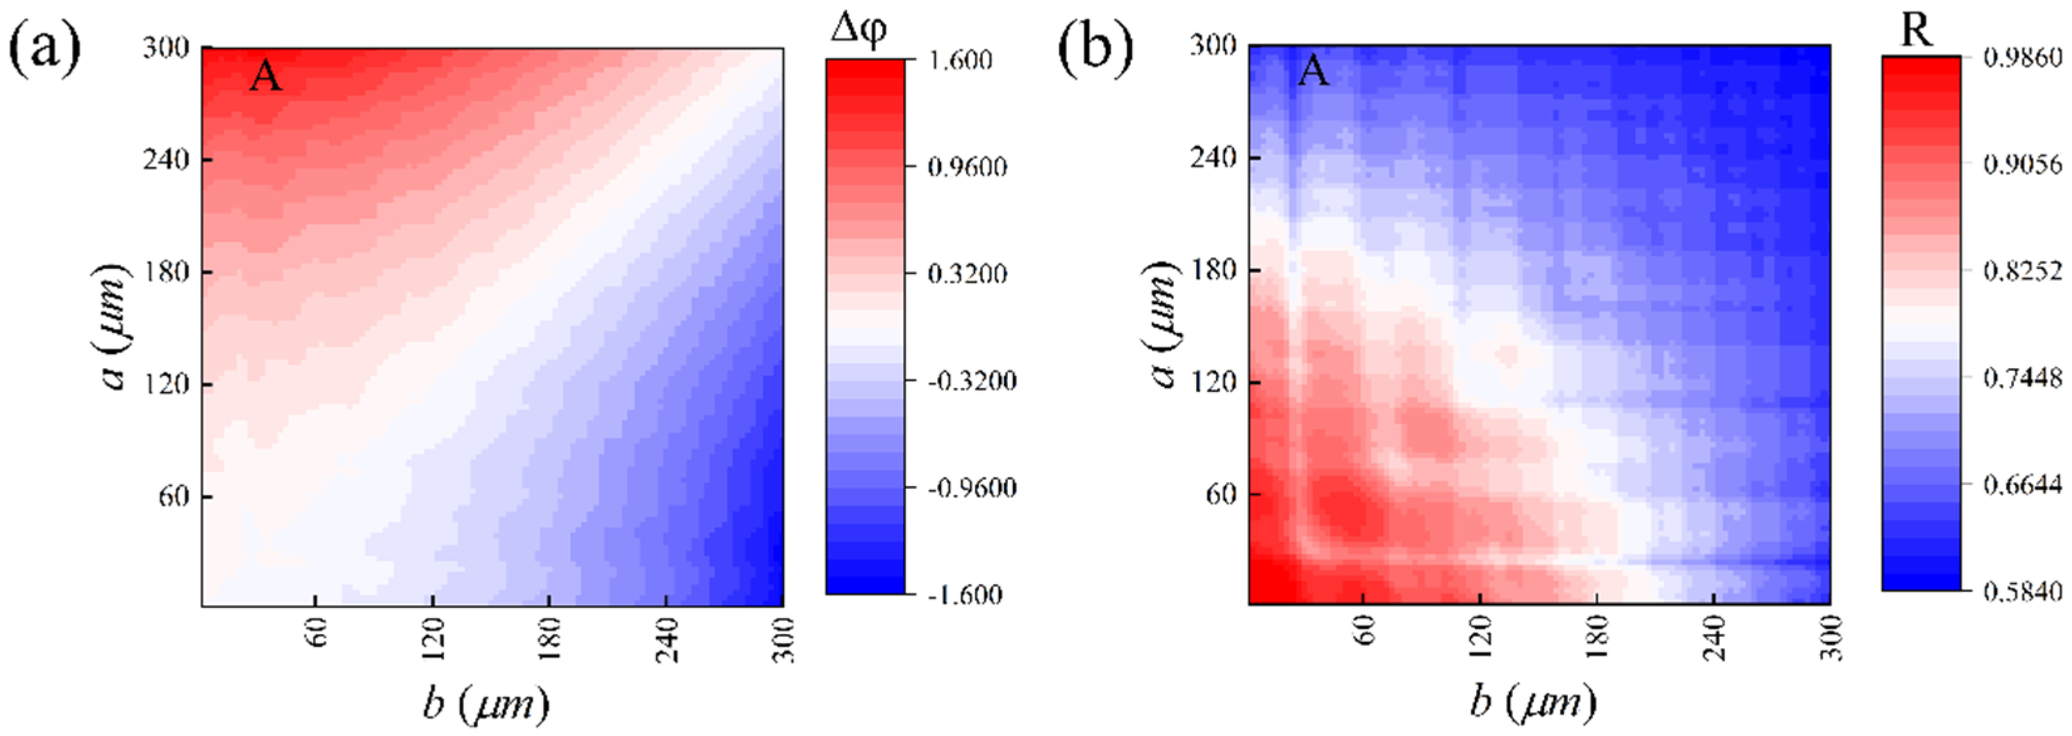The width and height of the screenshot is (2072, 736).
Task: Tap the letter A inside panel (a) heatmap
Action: [266, 77]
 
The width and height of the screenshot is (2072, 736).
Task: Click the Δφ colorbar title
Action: [859, 31]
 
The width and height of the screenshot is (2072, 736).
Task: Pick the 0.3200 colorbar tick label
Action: [967, 274]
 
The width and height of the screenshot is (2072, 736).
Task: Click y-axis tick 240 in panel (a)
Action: [165, 159]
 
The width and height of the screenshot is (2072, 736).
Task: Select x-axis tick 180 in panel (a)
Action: [549, 640]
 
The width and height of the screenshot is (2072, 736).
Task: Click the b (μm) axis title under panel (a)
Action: [486, 705]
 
